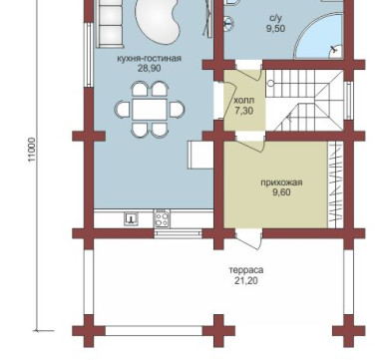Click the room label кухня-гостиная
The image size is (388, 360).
coord(149,59)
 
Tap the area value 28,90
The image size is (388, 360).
coord(149,69)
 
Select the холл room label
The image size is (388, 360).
coord(244,100)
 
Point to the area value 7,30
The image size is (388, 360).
coord(244,111)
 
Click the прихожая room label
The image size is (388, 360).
coord(281,182)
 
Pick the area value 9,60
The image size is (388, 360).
coord(281,192)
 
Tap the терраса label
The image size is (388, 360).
coord(246,270)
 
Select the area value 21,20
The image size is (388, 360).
coord(246,281)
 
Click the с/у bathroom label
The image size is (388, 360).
coord(275,19)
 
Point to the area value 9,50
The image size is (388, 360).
coord(275,29)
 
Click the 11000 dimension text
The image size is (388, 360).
coord(32,150)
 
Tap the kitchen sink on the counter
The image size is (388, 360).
coord(131,219)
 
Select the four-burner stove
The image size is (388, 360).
coord(162,218)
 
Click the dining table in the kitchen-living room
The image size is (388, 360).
coord(149,110)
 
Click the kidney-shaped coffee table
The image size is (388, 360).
coord(158,21)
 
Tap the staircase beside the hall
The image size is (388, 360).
coord(305,101)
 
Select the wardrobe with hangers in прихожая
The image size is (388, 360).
coord(335,184)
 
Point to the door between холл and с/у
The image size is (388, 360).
coord(248,72)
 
